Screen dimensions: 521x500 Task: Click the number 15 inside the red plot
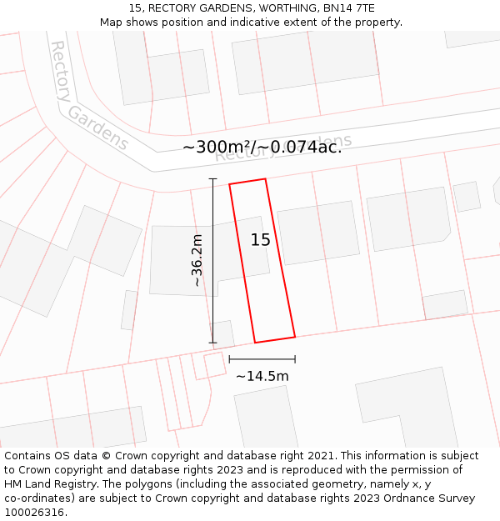260,240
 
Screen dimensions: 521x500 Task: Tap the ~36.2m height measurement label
197,260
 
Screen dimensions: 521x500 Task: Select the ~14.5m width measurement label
262,376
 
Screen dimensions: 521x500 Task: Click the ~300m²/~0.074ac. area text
262,148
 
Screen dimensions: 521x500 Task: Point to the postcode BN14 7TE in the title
344,8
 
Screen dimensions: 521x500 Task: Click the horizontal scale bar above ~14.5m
262,359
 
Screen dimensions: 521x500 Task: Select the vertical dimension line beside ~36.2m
212,260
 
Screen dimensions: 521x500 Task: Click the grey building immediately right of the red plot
318,233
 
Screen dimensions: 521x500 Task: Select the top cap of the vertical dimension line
212,179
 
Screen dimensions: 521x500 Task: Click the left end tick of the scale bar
229,359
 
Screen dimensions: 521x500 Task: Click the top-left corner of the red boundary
229,183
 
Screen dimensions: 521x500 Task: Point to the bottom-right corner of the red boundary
295,337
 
